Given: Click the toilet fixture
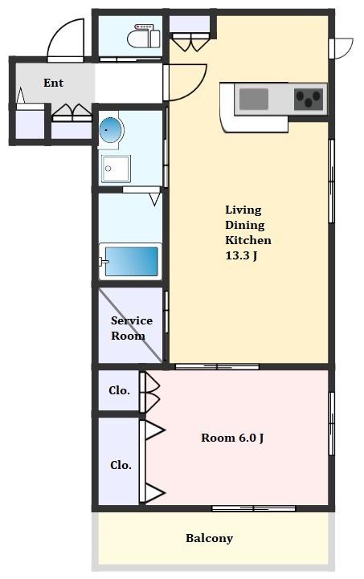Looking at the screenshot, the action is click(144, 36).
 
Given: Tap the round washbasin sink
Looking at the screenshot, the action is click(111, 130).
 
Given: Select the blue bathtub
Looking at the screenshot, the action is click(130, 261).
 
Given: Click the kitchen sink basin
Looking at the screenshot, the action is click(253, 99).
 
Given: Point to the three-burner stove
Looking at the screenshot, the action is click(309, 100).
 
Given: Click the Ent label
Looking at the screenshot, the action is click(54, 83).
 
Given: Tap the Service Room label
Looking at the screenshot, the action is click(131, 328).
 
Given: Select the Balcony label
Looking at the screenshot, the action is click(209, 538).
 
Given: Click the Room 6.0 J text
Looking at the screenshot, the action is click(232, 438).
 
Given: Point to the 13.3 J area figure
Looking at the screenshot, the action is click(241, 255).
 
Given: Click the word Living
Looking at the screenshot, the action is click(243, 210).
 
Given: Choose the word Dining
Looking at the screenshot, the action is click(244, 225).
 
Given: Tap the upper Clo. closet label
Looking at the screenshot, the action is click(119, 390).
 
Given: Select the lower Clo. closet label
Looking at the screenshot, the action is click(121, 465).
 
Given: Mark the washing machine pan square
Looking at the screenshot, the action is click(116, 169).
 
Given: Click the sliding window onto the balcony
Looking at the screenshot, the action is click(253, 508).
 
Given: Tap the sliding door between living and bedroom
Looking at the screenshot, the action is click(217, 367).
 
